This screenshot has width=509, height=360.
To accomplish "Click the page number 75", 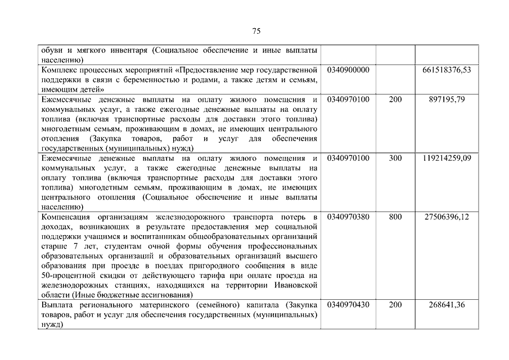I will tap(256, 30).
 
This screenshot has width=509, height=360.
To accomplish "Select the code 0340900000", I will tap(348, 70).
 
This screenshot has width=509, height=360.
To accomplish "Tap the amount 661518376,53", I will tap(447, 70).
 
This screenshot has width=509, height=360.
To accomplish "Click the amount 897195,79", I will tap(447, 100).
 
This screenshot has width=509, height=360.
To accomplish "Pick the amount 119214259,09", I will tap(447, 158).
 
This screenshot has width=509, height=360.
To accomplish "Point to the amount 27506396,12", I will tap(447, 217).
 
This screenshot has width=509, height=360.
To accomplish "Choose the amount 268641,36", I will tap(447, 304).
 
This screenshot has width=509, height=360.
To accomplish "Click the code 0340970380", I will tap(348, 217).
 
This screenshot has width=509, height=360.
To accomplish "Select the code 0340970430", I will tap(348, 304).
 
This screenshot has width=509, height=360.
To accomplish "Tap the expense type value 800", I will tap(395, 217).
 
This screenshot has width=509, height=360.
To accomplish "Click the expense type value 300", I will tap(395, 158).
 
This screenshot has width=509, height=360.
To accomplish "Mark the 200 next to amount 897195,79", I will tap(395, 100).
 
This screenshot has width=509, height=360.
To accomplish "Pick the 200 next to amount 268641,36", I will tap(395, 304).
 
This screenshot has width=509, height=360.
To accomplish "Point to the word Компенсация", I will tap(64, 217).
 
